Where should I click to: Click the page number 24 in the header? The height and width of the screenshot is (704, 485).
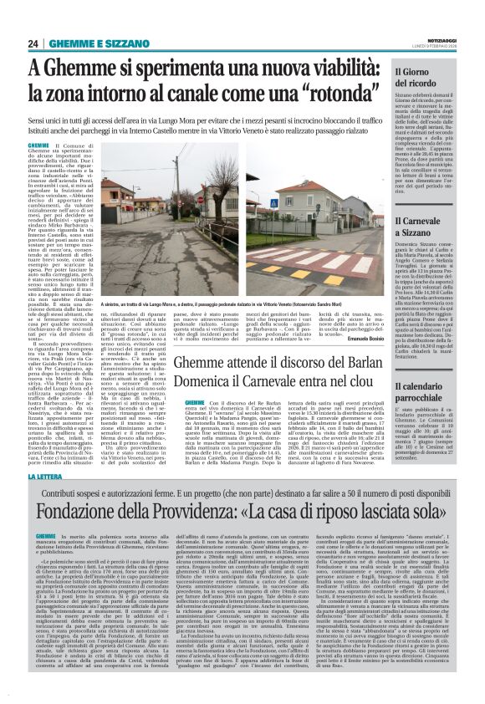tap(33, 43)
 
